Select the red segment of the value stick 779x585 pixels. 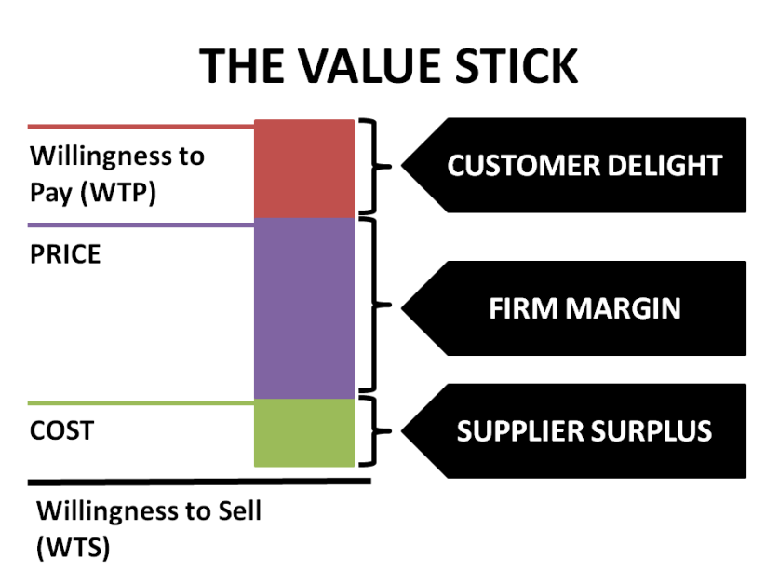[304, 169]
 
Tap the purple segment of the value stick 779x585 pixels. [304, 307]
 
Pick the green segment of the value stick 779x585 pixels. [304, 432]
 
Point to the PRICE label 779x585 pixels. [65, 254]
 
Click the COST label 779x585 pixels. [62, 432]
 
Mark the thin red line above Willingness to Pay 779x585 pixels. [140, 126]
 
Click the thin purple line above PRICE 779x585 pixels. [140, 224]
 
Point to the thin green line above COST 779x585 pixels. [140, 403]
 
